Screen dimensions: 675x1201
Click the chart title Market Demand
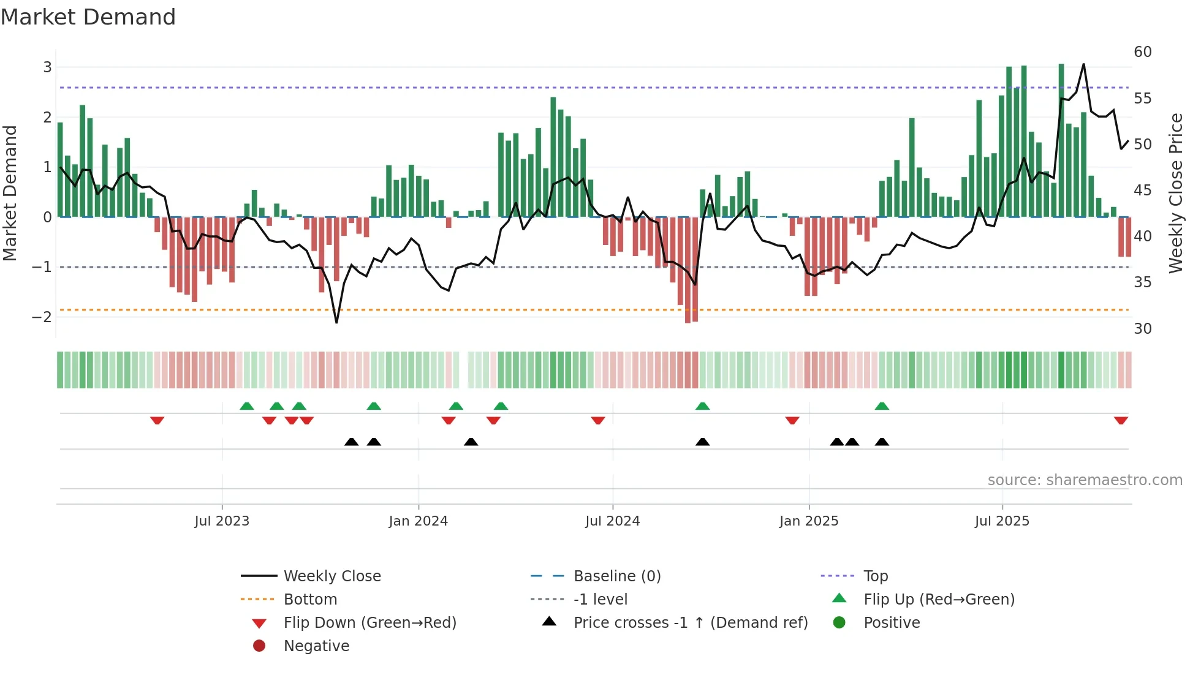point(88,17)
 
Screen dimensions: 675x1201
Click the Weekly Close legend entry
point(332,576)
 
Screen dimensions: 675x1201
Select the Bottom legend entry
point(310,599)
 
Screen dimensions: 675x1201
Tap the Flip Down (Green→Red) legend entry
point(369,622)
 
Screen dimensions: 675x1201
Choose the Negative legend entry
point(316,646)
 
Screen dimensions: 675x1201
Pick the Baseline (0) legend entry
point(616,576)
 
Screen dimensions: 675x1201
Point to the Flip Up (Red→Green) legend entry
point(939,599)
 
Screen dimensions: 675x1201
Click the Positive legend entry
point(892,622)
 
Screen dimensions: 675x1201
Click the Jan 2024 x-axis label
point(419,521)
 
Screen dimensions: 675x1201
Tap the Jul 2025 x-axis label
point(1002,521)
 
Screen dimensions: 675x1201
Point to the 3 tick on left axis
point(47,67)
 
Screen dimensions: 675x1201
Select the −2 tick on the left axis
point(42,317)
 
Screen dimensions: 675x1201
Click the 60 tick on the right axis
point(1142,52)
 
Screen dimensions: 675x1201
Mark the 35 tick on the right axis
point(1142,282)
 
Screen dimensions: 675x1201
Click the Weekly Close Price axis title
point(1175,193)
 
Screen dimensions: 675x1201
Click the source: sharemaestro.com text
point(1085,480)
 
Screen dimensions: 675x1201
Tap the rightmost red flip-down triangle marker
point(1121,420)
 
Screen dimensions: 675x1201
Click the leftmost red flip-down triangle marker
point(157,420)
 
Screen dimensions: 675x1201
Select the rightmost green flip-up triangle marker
point(882,406)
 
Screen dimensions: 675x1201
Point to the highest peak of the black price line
point(1083,64)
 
